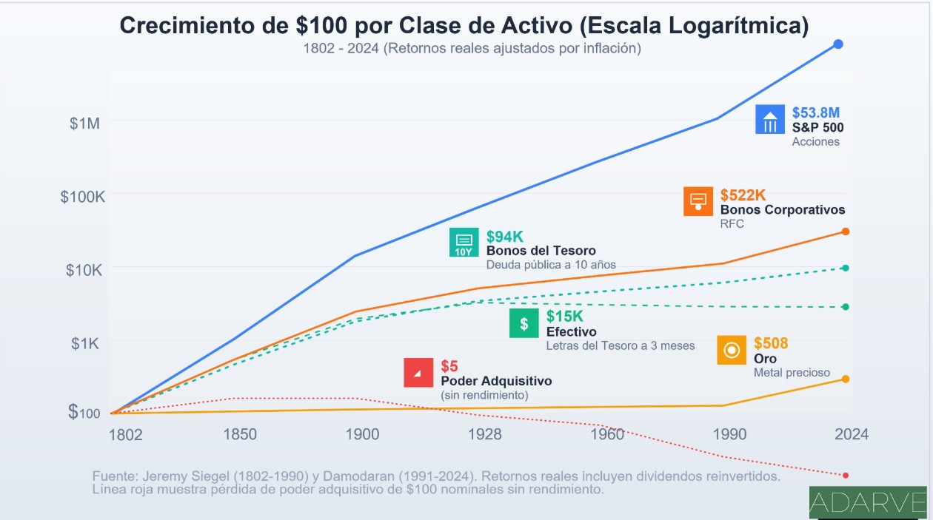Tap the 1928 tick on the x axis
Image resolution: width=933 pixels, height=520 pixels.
click(485, 434)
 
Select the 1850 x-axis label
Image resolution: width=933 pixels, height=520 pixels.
click(241, 434)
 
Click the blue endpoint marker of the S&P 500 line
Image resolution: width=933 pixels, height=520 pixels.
click(838, 44)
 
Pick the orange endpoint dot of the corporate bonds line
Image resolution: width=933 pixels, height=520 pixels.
click(846, 232)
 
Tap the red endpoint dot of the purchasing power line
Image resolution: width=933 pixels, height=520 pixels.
click(846, 475)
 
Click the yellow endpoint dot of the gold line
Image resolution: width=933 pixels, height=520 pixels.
click(846, 379)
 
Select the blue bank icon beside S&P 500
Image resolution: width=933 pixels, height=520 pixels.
click(770, 120)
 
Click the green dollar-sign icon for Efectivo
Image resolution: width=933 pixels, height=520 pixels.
click(524, 323)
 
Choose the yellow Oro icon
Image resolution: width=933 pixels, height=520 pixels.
click(732, 350)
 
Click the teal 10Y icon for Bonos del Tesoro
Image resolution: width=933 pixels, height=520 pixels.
click(464, 243)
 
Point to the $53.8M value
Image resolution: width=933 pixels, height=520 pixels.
click(816, 113)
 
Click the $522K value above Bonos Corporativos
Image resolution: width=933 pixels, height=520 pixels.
click(743, 195)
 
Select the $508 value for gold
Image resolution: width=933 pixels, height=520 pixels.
click(771, 343)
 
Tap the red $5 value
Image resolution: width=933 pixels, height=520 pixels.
click(449, 366)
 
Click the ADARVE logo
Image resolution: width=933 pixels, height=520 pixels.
click(868, 504)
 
